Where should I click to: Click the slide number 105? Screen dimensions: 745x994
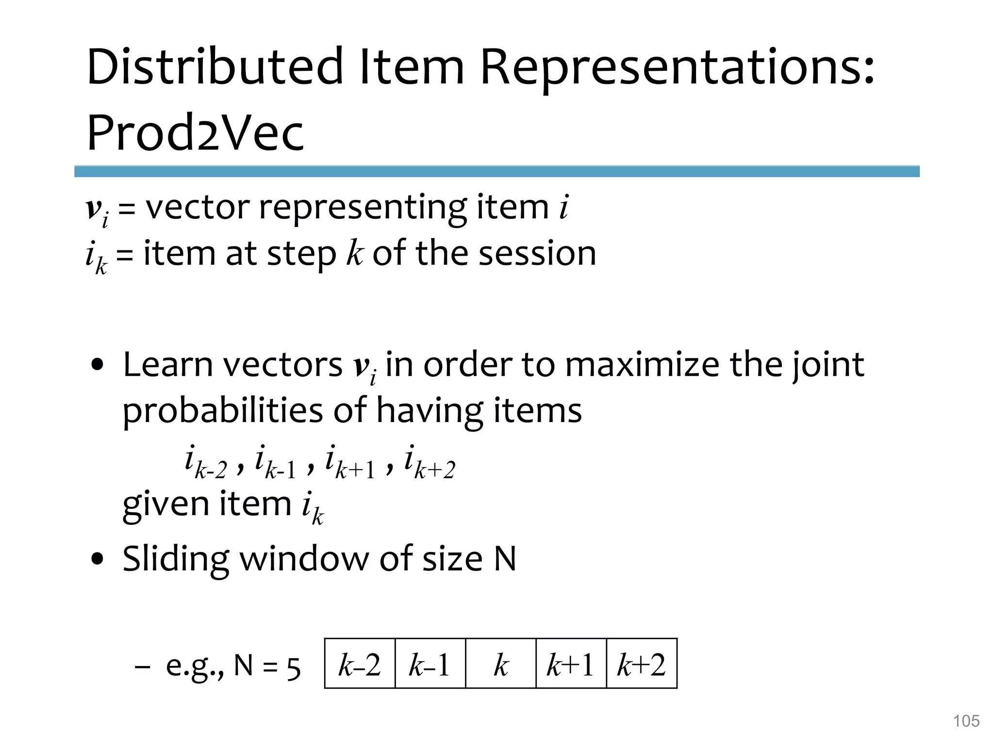[x=966, y=721]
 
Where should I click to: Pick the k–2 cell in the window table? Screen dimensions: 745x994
[x=360, y=664]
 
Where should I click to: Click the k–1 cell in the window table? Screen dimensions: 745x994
[x=430, y=664]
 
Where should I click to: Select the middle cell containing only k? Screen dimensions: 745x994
[x=501, y=664]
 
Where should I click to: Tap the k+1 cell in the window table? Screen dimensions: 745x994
[x=571, y=664]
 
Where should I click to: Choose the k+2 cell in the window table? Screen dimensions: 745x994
[x=642, y=664]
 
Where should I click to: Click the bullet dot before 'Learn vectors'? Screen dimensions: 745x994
[x=99, y=366]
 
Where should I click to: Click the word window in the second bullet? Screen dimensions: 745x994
[x=304, y=559]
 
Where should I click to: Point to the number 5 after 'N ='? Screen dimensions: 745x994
[x=294, y=668]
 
